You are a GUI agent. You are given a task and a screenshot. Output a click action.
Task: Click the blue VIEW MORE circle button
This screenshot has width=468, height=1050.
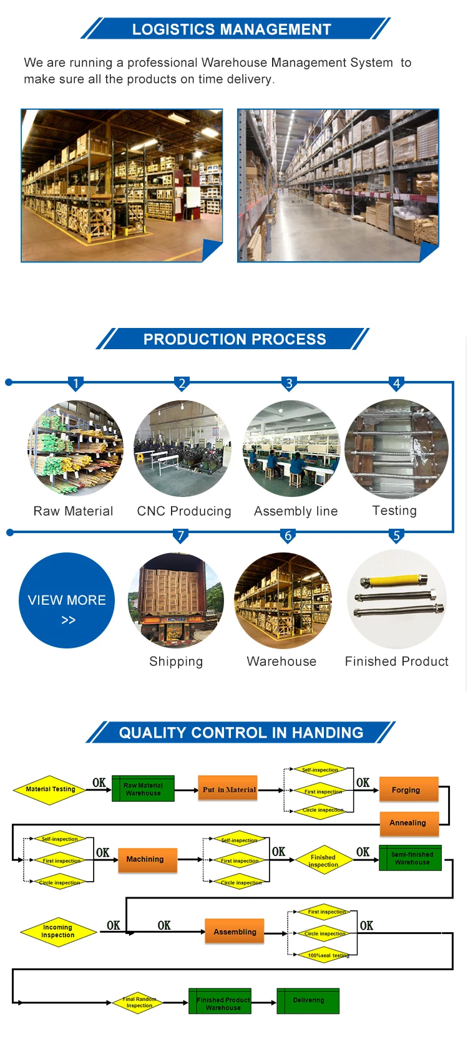pos(67,600)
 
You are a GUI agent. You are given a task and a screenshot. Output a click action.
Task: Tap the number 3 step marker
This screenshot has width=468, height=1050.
pos(289,383)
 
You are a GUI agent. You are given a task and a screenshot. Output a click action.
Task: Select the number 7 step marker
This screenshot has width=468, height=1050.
pos(180,536)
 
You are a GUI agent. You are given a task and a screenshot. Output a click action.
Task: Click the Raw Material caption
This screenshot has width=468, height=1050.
pos(73,511)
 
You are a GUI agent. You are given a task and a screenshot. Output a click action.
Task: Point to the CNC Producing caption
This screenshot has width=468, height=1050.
pos(184,511)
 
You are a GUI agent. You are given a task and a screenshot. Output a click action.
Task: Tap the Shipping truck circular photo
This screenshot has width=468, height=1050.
pos(176,600)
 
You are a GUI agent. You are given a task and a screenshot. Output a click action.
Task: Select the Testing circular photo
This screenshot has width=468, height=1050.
pos(396,449)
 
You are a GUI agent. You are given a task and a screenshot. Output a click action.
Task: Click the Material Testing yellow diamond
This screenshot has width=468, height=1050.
pos(50,789)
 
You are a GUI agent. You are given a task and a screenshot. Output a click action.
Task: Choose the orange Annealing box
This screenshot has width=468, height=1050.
pos(409,823)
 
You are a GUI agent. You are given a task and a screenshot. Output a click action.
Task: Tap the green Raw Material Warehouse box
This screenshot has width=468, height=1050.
pos(143,789)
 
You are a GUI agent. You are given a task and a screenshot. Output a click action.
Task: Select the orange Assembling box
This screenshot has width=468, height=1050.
pos(235,932)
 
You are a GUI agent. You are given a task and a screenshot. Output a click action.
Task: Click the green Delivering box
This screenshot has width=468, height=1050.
pos(308,1000)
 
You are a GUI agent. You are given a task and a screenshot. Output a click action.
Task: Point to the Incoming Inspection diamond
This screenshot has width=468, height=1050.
pos(58,932)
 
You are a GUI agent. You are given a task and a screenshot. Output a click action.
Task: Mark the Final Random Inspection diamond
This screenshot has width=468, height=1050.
pos(139,1002)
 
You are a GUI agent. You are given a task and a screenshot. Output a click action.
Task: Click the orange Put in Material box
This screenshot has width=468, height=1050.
pos(228,789)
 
